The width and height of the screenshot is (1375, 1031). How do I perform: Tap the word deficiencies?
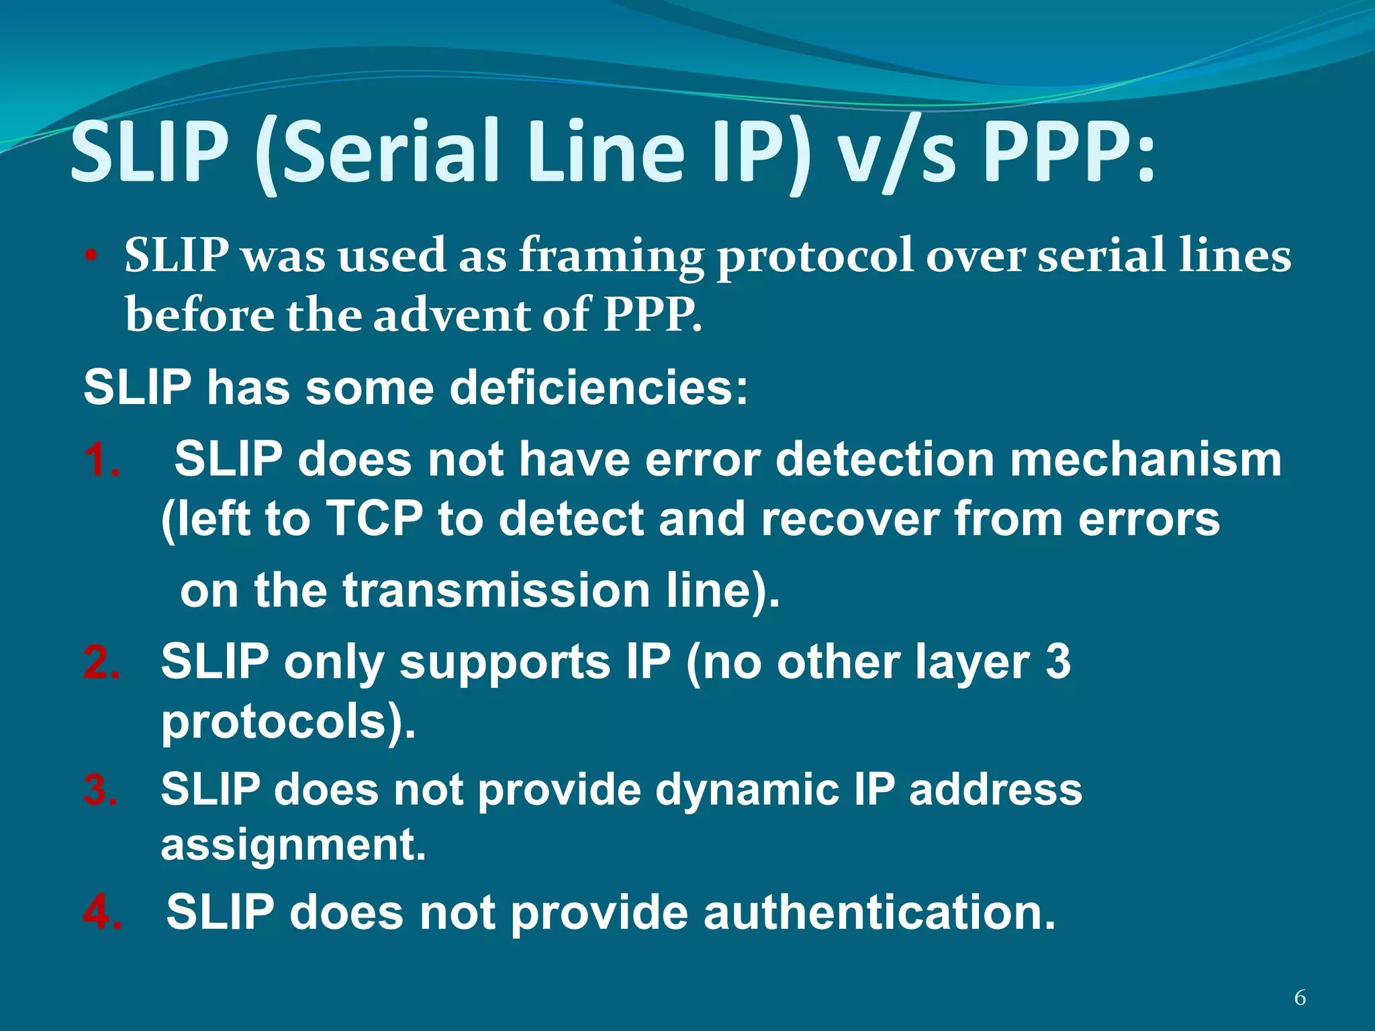coord(598,389)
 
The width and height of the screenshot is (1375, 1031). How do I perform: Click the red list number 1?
coord(102,460)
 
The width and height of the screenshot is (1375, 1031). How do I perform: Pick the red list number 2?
coord(102,662)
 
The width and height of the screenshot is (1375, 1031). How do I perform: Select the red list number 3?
coord(101,790)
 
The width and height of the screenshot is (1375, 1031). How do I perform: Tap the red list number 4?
coord(103,913)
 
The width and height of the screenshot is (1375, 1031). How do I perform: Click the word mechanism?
coord(1145,460)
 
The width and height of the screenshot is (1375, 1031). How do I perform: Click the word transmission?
coord(496,591)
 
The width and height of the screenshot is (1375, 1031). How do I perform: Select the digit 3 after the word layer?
coord(1058,662)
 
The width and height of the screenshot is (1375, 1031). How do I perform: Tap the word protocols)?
coord(289,722)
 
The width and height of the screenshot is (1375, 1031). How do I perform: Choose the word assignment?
coord(293,844)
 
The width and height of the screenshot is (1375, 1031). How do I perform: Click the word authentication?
coord(880,913)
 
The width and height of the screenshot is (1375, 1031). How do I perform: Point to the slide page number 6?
coord(1300,998)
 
